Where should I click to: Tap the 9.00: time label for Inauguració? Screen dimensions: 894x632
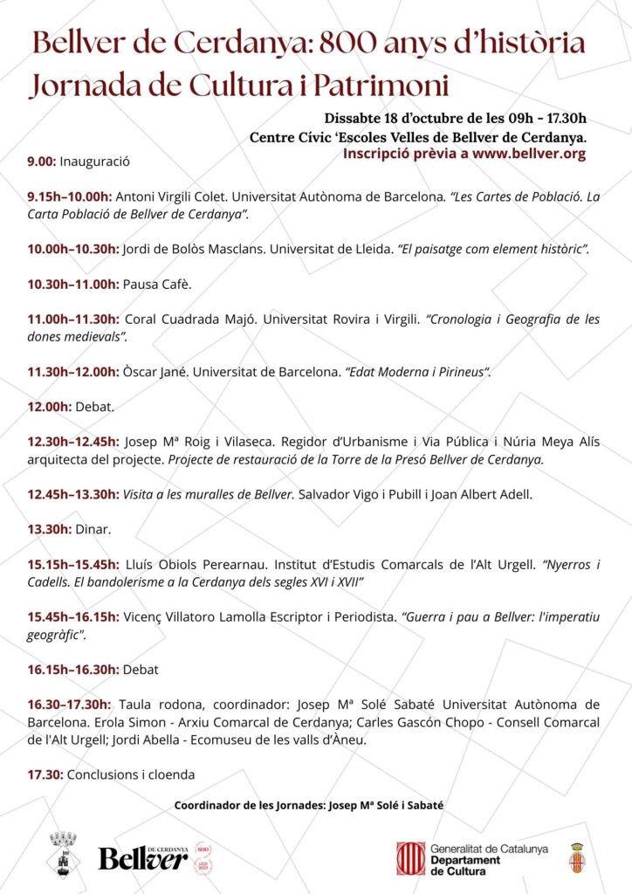(x=42, y=162)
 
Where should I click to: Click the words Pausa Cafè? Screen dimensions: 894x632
(x=156, y=284)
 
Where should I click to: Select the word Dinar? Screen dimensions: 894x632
(x=86, y=529)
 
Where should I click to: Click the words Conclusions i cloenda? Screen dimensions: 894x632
(x=131, y=774)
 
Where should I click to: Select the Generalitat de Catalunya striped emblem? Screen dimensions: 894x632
(x=410, y=858)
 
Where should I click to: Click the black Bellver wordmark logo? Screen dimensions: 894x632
(x=142, y=859)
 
